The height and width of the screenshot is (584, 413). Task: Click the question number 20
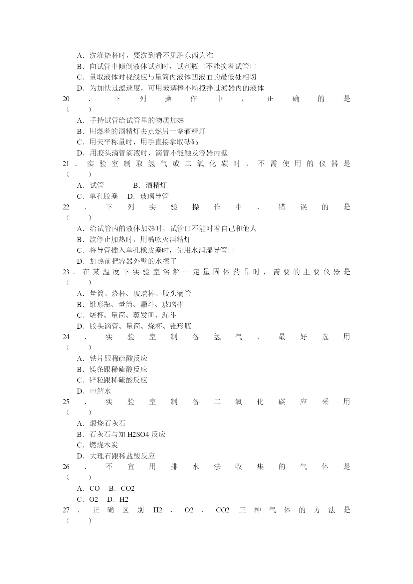pos(66,99)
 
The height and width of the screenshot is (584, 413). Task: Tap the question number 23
pos(66,272)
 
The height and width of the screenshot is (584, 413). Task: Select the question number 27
pos(66,510)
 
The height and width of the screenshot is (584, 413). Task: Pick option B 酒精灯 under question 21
pos(150,185)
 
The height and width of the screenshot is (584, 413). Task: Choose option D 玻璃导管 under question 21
pos(148,196)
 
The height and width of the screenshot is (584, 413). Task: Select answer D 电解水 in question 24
pos(94,391)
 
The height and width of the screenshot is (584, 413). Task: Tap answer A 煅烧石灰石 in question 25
pos(101,424)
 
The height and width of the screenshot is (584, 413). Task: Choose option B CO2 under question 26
pos(122,488)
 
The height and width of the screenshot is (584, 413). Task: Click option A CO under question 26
pos(89,488)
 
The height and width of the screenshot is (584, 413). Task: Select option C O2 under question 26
pos(88,499)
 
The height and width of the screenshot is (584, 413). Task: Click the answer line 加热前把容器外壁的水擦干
pos(127,261)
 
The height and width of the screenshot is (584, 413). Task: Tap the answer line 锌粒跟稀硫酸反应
pos(112,380)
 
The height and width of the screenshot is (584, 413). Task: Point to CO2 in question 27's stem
pos(223,510)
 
